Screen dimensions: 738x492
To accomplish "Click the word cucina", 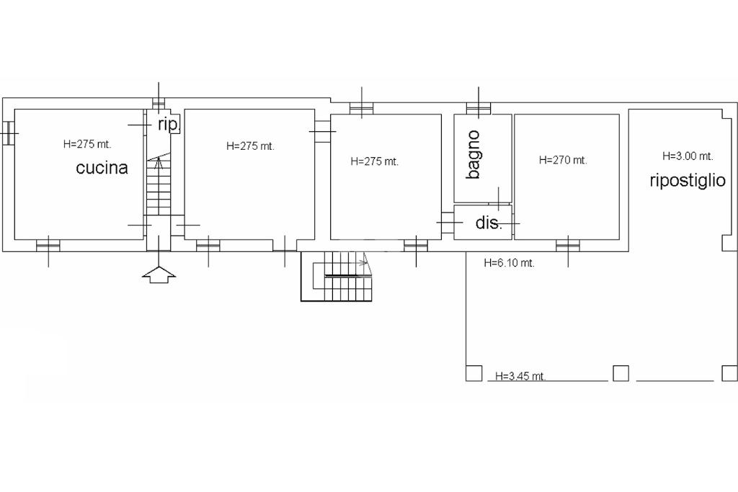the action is pos(102,168).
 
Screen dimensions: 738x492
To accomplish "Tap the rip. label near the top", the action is pos(169,125).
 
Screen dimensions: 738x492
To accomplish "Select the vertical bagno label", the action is pos(474,155).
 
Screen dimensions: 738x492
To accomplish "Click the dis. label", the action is pos(489,223).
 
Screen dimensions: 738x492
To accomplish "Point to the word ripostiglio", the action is pos(687,181).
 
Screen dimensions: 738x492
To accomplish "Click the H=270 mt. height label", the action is pos(562,161).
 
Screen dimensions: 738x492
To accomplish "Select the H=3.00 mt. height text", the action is pos(688,156).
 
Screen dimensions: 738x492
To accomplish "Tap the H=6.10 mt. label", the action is pos(509,263).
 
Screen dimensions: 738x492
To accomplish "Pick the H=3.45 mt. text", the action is pos(520,376).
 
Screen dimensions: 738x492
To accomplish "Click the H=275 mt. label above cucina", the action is pos(87,144).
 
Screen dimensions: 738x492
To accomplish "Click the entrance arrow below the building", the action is pos(159,274).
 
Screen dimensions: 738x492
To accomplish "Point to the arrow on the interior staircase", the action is pos(159,164).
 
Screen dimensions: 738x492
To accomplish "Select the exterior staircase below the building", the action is pos(337,276).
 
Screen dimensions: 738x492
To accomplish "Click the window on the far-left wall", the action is pos(9,133).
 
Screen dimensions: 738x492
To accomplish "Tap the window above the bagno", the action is pos(479,109).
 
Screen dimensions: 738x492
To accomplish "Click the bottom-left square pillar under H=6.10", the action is pos(474,373).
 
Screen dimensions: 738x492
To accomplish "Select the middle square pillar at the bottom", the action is pos(621,373).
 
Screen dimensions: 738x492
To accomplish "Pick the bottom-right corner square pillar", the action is pos(729,373).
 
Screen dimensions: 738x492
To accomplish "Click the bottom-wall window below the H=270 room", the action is pos(568,245).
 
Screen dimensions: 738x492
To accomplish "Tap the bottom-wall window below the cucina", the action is pos(48,245).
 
